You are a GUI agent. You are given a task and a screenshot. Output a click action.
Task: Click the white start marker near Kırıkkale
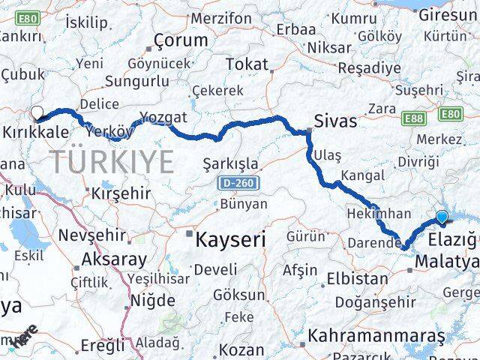point(36,114)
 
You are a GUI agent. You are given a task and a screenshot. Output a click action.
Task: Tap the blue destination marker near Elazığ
point(442,217)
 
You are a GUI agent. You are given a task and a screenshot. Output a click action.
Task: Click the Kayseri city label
point(231,240)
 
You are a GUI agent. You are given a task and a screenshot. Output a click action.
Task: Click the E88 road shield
point(414,118)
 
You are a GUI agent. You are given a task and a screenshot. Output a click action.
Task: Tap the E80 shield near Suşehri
point(451,113)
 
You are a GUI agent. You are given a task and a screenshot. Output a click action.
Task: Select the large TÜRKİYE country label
point(112,161)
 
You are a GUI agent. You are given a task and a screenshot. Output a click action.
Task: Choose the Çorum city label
point(180,40)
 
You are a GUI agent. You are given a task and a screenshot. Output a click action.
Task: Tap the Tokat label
point(246,64)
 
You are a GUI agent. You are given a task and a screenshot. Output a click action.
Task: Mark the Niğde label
point(152,300)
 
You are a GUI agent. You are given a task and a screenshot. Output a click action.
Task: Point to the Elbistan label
point(357,278)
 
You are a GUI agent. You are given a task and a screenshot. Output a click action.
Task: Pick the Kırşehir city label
point(120,193)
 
